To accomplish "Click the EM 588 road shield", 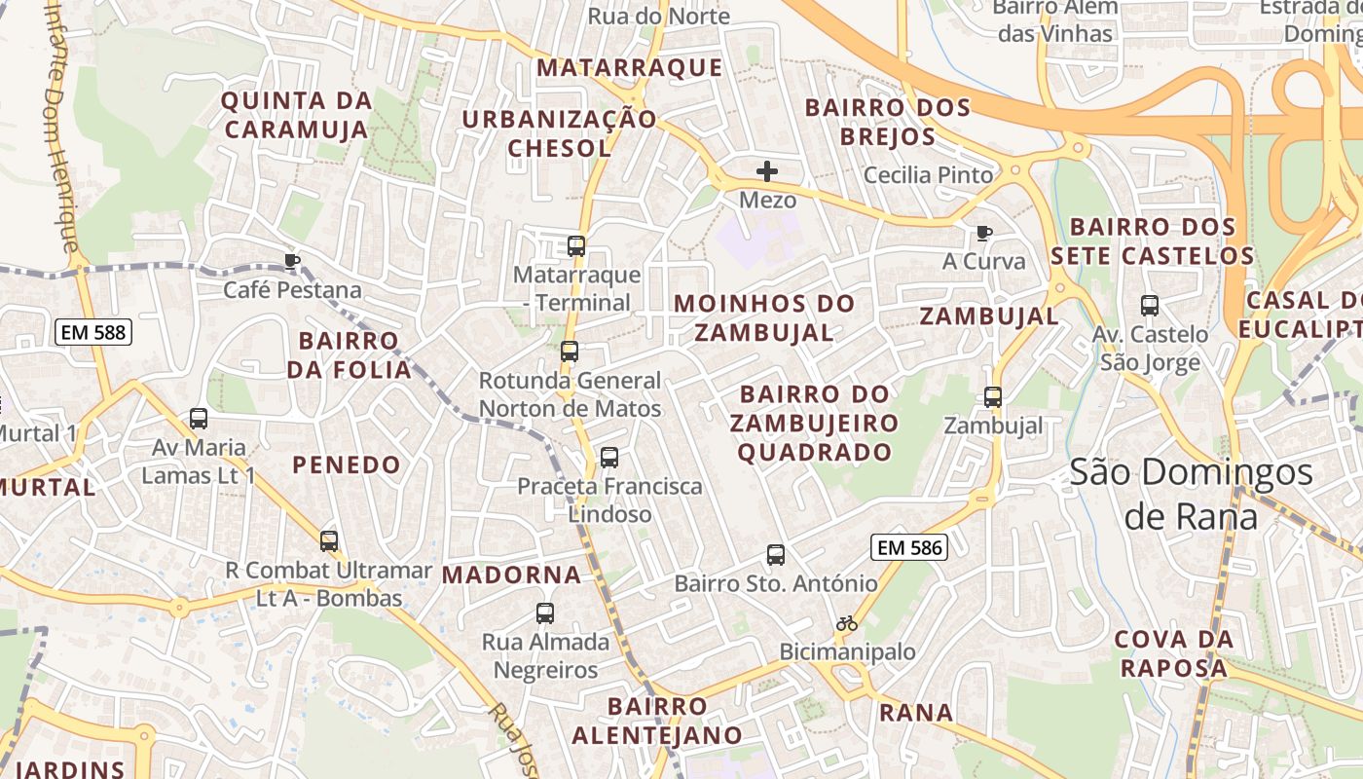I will tap(92, 332).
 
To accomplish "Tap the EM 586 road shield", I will tap(909, 547).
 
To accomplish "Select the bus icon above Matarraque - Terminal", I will tap(576, 246).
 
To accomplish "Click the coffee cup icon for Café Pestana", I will tap(291, 260).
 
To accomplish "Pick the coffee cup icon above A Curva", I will tap(984, 233).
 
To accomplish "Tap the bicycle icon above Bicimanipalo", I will tap(847, 623).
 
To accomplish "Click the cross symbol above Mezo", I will tap(767, 171).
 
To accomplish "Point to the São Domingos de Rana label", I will tap(1192, 494).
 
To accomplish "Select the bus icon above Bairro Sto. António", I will tap(776, 555).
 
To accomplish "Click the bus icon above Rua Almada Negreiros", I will tap(545, 613).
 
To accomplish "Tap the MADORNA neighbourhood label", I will tap(512, 575).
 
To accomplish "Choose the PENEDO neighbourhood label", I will tap(347, 464).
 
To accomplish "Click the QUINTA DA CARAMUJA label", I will tap(296, 115).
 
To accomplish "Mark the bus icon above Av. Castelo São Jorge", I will tap(1150, 306).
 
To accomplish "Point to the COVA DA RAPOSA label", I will tap(1173, 653).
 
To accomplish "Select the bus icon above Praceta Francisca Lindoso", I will tap(609, 457).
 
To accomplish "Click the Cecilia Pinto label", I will tap(929, 175).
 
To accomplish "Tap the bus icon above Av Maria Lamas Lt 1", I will tap(199, 419).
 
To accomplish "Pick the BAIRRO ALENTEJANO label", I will tap(656, 720).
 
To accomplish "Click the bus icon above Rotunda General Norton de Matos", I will tap(570, 352).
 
